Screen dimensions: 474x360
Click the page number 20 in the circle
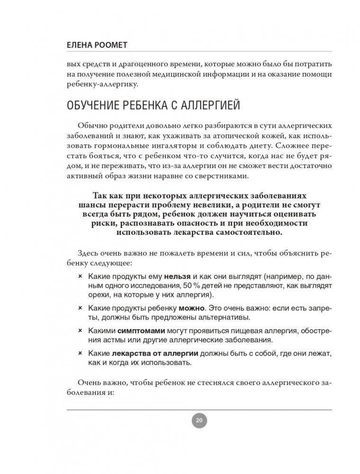pyautogui.click(x=199, y=420)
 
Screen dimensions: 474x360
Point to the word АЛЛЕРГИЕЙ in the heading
pyautogui.click(x=213, y=106)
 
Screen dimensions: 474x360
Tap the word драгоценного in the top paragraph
pyautogui.click(x=152, y=64)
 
